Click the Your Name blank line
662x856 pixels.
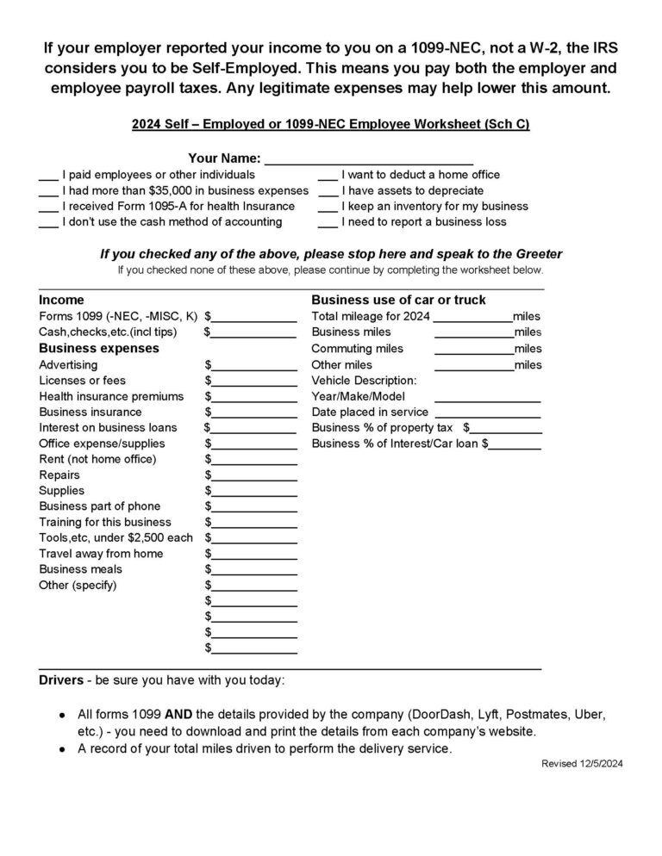tap(369, 159)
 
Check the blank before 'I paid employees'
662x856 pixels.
tap(48, 176)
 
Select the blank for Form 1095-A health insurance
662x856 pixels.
tap(48, 208)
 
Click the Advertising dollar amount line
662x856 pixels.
tap(254, 365)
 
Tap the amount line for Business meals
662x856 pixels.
tap(254, 570)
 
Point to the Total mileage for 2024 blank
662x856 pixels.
tap(472, 317)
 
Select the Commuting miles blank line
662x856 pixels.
tap(472, 349)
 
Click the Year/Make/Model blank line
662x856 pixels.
tap(488, 397)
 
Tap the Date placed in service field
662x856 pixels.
tap(488, 412)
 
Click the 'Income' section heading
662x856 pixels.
tap(61, 301)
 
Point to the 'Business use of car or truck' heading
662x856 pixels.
tap(398, 301)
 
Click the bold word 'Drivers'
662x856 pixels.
tap(61, 680)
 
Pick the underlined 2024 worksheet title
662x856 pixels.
tap(331, 125)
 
